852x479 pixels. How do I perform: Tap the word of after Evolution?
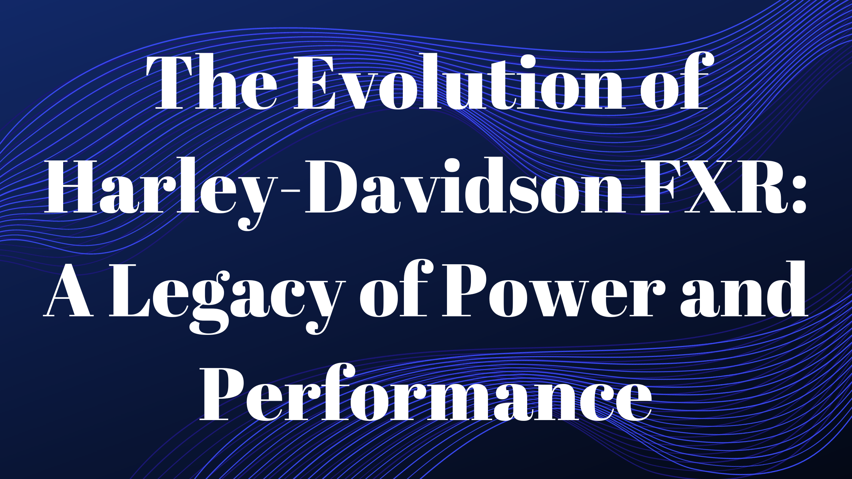(674, 81)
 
